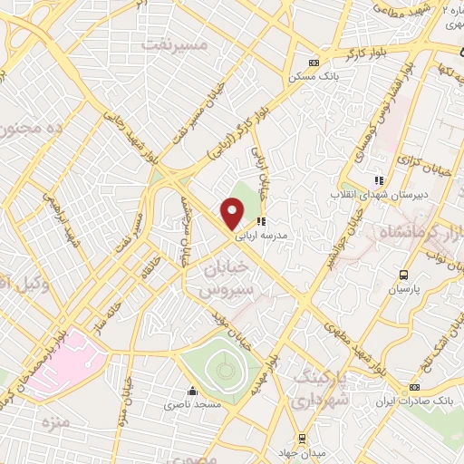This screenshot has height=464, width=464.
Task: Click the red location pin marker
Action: [x=232, y=214]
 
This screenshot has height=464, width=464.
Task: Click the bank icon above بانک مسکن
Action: [x=314, y=63]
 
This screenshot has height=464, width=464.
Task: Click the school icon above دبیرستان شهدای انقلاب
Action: [x=378, y=181]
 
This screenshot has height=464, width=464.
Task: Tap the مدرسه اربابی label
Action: [x=261, y=235]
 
